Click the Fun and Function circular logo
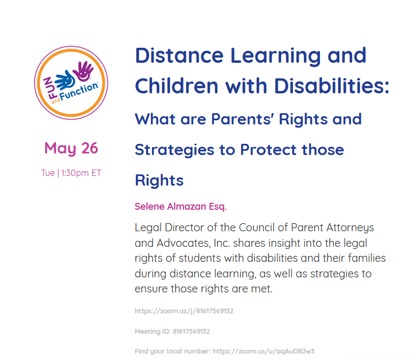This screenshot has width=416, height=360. point(71,83)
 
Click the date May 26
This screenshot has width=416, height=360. point(71,148)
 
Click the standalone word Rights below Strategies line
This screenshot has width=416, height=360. point(159,180)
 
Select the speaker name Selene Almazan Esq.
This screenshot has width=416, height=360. point(180,207)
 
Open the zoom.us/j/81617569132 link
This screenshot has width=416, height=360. point(184,311)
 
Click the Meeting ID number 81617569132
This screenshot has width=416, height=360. point(191,332)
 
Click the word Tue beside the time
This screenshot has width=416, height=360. point(47,173)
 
